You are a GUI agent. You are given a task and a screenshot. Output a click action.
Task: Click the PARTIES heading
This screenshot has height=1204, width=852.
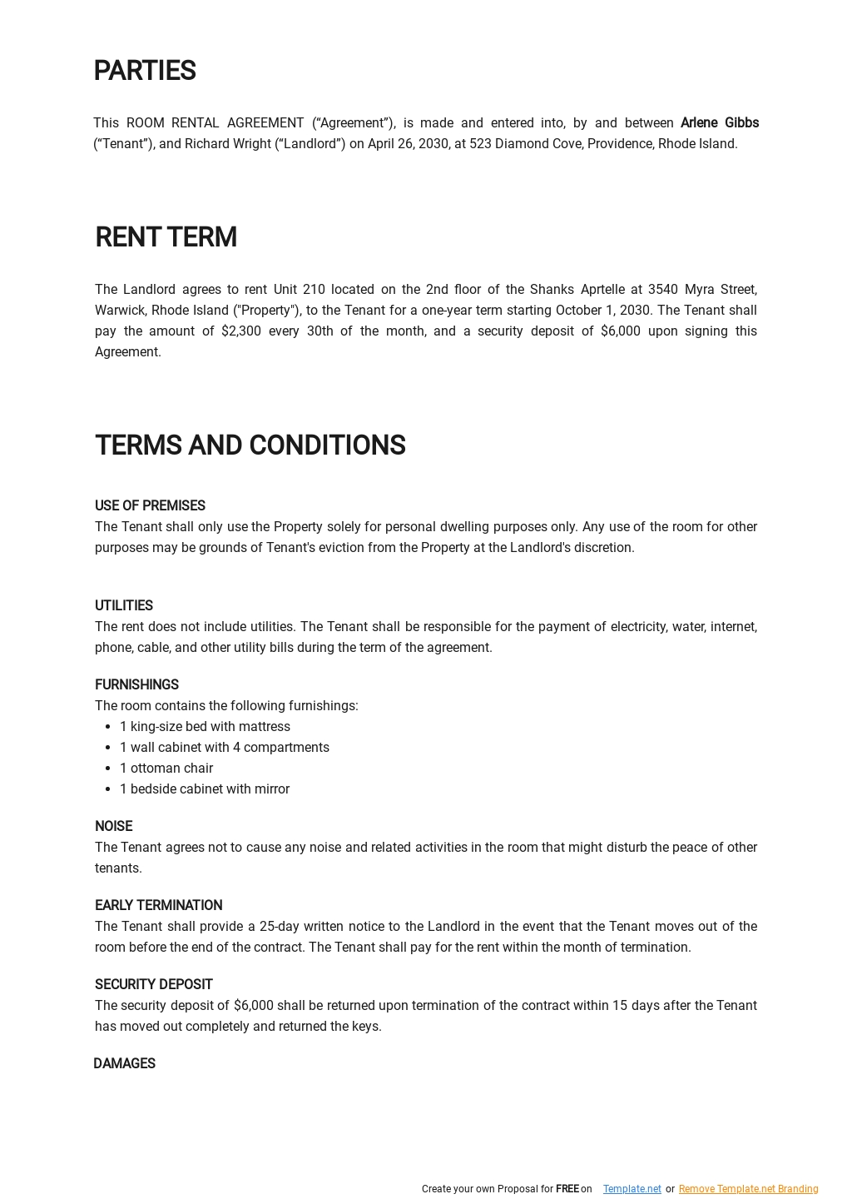tap(144, 72)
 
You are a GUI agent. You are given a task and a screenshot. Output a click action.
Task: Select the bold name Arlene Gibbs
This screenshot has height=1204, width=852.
tap(719, 123)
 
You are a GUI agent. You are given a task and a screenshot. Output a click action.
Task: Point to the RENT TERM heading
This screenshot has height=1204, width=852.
tap(166, 237)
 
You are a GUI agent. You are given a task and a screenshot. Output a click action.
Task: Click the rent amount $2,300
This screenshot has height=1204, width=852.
tap(241, 331)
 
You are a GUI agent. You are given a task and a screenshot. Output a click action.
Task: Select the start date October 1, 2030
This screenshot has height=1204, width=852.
tap(602, 311)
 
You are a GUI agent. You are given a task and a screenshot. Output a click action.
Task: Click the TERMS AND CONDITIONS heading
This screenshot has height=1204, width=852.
tap(250, 445)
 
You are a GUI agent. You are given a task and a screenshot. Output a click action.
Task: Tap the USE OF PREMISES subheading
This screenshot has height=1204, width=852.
tap(150, 506)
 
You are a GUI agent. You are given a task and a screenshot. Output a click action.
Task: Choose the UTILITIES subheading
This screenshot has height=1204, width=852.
tap(124, 606)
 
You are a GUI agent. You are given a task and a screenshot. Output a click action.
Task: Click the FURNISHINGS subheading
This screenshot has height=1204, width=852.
tap(136, 685)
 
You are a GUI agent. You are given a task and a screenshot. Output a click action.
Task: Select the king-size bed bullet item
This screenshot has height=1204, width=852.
tap(205, 727)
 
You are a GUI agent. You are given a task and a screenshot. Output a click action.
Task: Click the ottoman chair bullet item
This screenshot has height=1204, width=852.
tap(166, 769)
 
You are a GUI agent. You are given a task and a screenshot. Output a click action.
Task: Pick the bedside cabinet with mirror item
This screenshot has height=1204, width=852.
tap(205, 789)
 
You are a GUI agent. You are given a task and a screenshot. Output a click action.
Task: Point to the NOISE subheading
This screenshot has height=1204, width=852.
tap(113, 827)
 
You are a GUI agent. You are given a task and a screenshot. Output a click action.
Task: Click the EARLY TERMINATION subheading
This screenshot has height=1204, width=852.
tap(158, 906)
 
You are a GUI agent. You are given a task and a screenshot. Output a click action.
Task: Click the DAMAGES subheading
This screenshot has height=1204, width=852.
tap(124, 1064)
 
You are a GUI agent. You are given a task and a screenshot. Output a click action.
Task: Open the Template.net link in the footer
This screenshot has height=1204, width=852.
tap(632, 1189)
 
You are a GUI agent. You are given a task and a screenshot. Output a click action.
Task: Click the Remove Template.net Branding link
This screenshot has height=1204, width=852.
tap(748, 1189)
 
